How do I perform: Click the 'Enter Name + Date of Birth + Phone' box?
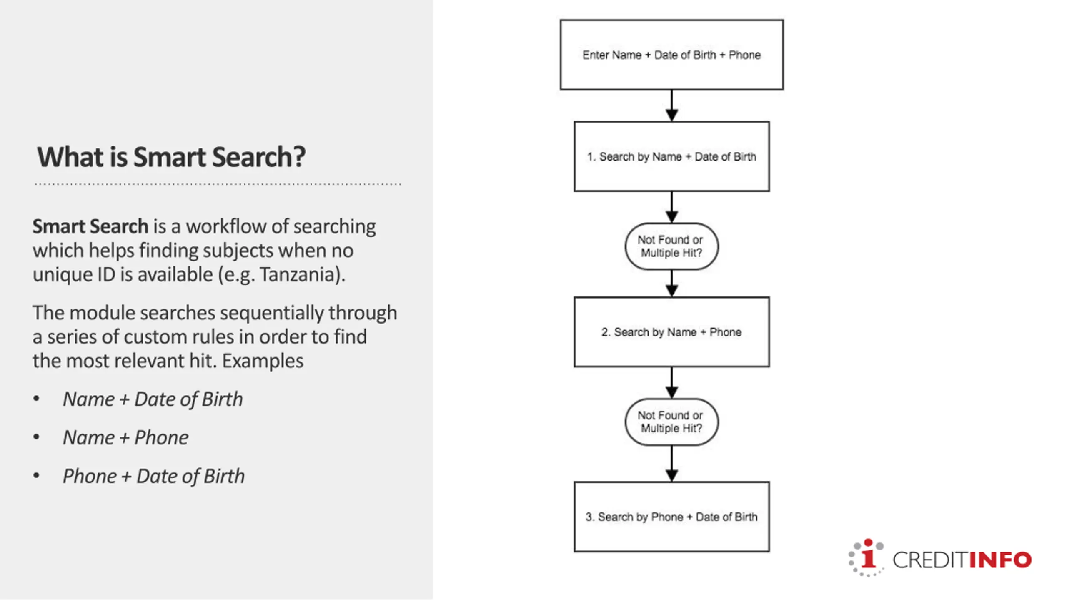point(671,55)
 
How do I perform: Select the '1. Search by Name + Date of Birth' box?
point(671,156)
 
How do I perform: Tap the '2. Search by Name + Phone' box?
point(671,332)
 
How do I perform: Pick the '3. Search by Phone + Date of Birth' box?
point(671,517)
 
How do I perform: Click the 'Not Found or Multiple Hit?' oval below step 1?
point(671,246)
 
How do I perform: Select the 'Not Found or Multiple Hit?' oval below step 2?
point(671,422)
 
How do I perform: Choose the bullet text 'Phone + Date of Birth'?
point(153,476)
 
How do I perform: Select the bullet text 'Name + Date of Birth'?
point(153,399)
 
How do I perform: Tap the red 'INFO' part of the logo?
point(1000,560)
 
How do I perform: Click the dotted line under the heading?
point(218,184)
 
